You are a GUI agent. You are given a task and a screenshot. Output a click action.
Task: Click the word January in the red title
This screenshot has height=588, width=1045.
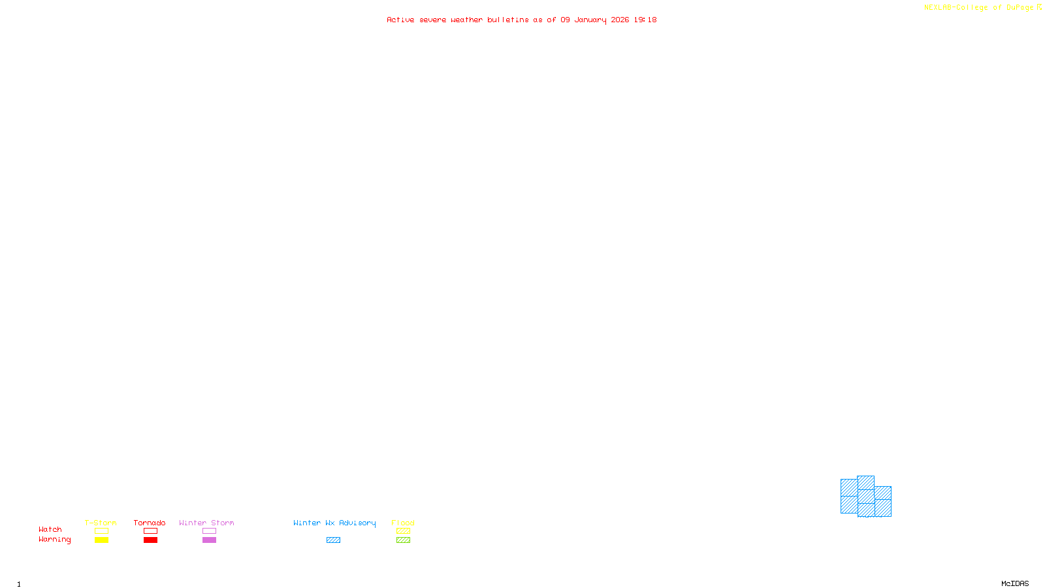pyautogui.click(x=590, y=20)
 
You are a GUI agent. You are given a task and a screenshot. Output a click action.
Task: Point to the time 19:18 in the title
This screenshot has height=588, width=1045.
pyautogui.click(x=645, y=20)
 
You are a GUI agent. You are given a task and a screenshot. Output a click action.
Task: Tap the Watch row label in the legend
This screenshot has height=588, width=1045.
pyautogui.click(x=50, y=530)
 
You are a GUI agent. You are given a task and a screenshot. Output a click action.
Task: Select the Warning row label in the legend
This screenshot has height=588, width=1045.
pyautogui.click(x=55, y=540)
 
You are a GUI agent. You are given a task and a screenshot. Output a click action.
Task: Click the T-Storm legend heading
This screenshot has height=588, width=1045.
pyautogui.click(x=101, y=523)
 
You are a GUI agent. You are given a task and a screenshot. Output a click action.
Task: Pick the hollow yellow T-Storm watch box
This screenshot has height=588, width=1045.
pyautogui.click(x=101, y=531)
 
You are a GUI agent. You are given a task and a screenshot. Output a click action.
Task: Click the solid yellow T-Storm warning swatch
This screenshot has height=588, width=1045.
pyautogui.click(x=101, y=540)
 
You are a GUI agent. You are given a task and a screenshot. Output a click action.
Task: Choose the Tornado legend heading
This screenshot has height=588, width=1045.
pyautogui.click(x=150, y=523)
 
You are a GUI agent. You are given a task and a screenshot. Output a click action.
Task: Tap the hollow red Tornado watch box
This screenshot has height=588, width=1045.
pyautogui.click(x=150, y=531)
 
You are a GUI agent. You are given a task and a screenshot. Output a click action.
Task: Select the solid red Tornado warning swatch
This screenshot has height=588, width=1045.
pyautogui.click(x=150, y=540)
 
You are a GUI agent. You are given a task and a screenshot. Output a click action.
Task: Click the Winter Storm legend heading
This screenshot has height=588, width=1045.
pyautogui.click(x=206, y=523)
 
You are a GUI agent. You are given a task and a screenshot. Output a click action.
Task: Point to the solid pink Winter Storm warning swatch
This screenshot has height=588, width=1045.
pyautogui.click(x=209, y=540)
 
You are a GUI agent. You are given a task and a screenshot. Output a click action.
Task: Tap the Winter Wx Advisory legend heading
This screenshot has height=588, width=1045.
pyautogui.click(x=334, y=523)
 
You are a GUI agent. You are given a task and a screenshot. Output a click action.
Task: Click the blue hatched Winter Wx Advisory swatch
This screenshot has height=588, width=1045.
pyautogui.click(x=333, y=540)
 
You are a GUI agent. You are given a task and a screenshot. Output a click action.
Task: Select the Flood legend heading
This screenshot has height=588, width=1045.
pyautogui.click(x=403, y=523)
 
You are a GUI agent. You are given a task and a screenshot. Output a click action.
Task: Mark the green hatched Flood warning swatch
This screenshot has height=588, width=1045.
pyautogui.click(x=403, y=540)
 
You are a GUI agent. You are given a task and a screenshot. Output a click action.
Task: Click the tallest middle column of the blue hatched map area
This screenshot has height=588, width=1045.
pyautogui.click(x=865, y=496)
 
